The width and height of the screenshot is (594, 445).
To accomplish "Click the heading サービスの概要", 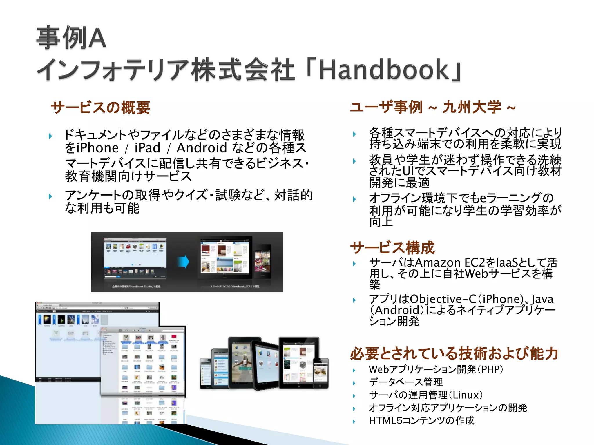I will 100,107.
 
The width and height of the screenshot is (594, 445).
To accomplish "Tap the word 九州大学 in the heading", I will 472,107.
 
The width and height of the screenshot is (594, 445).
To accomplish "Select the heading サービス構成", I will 392,247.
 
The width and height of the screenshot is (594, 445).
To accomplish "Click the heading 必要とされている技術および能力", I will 454,353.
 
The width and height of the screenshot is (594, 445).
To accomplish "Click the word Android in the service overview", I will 202,148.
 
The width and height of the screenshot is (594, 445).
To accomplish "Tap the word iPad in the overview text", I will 147,148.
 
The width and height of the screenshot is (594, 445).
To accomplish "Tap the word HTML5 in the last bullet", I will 385,420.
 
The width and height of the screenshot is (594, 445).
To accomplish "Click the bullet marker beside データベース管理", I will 354,383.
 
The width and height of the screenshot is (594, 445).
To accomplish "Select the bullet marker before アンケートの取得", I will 51,196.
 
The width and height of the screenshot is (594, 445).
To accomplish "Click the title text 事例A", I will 71,38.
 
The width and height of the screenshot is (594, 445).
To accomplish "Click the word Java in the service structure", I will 542,299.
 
